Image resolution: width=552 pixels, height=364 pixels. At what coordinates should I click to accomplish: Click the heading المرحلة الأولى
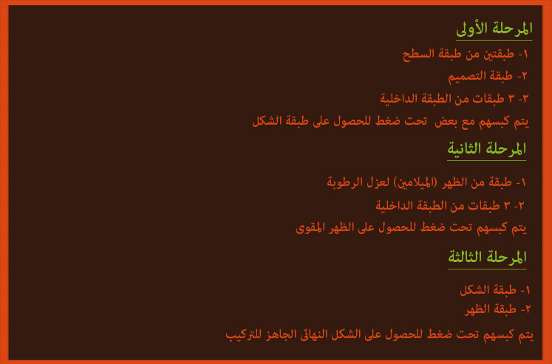494,29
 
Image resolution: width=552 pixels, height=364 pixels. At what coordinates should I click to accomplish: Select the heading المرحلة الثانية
486,149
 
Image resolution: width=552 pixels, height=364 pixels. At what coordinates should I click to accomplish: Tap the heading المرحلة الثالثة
487,258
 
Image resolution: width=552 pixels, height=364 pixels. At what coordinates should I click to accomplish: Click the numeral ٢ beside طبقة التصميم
524,76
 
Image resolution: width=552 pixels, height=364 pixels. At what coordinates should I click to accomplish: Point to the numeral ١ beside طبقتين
525,54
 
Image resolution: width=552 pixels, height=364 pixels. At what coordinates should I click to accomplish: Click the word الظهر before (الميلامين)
454,182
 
